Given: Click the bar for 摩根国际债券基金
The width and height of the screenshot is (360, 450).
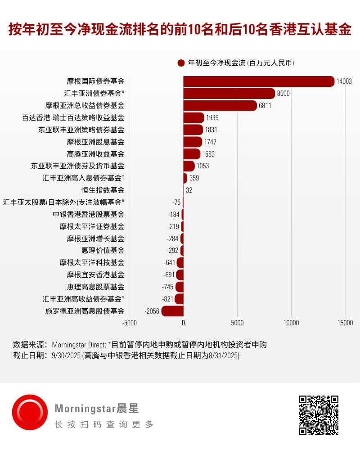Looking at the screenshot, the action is click(x=259, y=81).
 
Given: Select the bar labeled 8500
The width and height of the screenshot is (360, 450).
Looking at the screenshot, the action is click(x=229, y=94).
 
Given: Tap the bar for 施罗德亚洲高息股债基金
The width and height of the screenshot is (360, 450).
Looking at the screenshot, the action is click(x=172, y=311).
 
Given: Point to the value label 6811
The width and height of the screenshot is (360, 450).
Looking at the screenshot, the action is click(x=265, y=106).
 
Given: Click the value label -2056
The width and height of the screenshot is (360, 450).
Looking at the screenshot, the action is click(x=152, y=311).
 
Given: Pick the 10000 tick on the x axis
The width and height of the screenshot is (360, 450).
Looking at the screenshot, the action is click(x=291, y=323).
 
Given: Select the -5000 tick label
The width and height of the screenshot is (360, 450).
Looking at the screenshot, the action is click(x=130, y=323).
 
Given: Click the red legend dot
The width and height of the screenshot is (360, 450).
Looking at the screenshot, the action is click(x=181, y=63).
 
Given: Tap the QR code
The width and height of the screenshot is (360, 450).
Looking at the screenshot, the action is click(x=318, y=415).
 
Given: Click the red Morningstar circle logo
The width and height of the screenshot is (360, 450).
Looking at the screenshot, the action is click(x=30, y=412).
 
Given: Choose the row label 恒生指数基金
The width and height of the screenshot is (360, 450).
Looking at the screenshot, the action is click(x=103, y=190).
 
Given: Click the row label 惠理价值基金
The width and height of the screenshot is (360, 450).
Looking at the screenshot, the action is click(x=103, y=251).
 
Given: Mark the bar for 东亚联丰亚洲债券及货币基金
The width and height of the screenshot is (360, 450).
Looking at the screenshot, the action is click(x=189, y=166).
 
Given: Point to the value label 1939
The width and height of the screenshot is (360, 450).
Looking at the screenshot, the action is click(x=212, y=117).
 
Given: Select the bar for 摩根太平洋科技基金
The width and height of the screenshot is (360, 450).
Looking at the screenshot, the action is click(x=180, y=263).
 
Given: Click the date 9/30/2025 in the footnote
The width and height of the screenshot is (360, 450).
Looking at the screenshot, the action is click(x=66, y=355).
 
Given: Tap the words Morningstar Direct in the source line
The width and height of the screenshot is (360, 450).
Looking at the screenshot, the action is click(x=79, y=345).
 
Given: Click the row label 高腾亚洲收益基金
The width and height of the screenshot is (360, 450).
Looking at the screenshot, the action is click(x=95, y=154).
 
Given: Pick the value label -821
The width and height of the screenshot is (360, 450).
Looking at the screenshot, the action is click(x=168, y=299).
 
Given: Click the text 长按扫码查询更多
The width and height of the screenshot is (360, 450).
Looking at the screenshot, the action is click(x=104, y=424).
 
